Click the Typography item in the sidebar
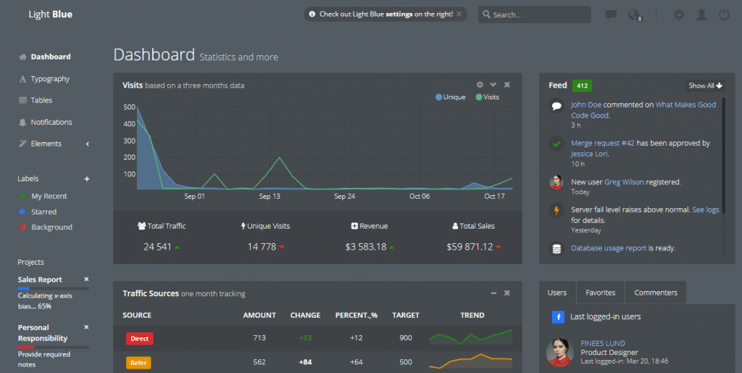(x=50, y=78)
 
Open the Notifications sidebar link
(x=51, y=122)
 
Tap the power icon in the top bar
(x=724, y=15)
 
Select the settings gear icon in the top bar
(x=679, y=15)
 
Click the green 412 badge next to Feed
(x=581, y=86)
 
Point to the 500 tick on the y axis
(x=130, y=107)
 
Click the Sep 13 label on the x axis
(x=270, y=197)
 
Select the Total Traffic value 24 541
(x=157, y=247)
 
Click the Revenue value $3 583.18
(x=366, y=247)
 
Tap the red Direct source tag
(x=139, y=338)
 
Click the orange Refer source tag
(x=138, y=362)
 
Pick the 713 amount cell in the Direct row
(x=259, y=338)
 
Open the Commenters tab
(x=655, y=292)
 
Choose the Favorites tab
(x=600, y=292)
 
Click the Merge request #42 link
(x=602, y=143)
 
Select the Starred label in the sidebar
(x=43, y=212)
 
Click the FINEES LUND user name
(x=602, y=343)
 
